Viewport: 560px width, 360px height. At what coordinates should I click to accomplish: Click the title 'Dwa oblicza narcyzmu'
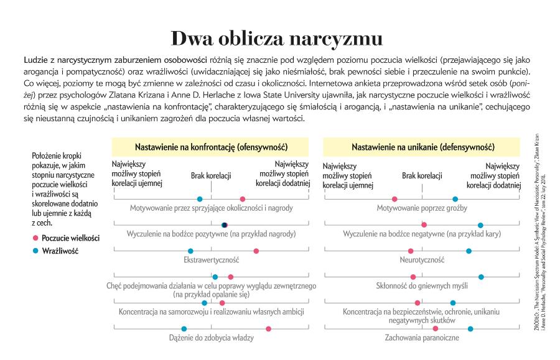[278, 38]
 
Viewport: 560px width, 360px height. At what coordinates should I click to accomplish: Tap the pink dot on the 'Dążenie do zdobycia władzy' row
[268, 328]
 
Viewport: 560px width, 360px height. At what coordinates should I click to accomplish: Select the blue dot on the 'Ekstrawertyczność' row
[190, 251]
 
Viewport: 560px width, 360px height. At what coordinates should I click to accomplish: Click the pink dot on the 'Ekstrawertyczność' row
[256, 251]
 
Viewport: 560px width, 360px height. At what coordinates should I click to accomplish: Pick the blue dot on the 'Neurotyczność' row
[469, 251]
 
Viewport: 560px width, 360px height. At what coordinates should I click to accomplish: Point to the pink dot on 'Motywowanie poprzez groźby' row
[394, 199]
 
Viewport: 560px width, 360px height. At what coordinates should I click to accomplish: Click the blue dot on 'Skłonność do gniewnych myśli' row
[481, 277]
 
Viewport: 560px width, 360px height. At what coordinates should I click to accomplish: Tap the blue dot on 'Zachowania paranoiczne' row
[470, 328]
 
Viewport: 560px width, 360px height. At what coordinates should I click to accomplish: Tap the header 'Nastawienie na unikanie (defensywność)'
[423, 148]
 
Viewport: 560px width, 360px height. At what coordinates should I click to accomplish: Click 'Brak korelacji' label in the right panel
[422, 177]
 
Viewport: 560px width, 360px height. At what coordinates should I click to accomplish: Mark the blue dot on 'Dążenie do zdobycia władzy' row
[184, 328]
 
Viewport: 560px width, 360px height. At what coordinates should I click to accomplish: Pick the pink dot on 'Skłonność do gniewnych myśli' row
[413, 277]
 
